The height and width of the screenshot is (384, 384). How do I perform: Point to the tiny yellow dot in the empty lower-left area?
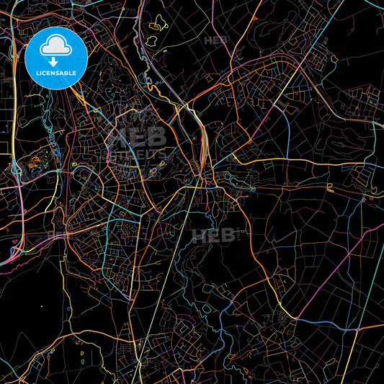(41, 306)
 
